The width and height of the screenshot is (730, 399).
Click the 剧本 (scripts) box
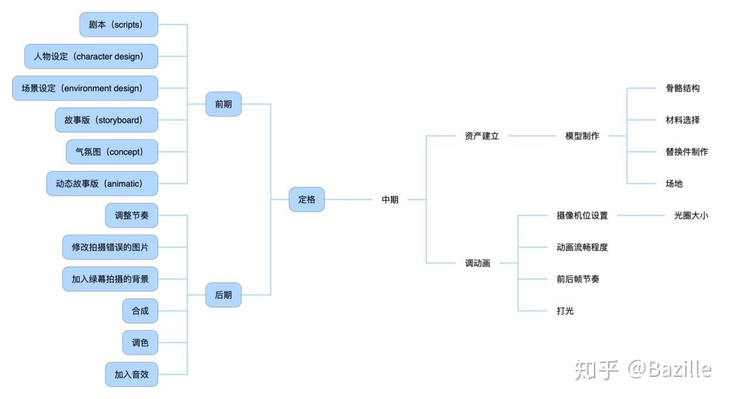pyautogui.click(x=119, y=24)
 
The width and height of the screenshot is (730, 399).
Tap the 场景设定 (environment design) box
pyautogui.click(x=86, y=88)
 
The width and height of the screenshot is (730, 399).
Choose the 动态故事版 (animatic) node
pyautogui.click(x=103, y=184)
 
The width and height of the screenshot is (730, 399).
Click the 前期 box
pyautogui.click(x=223, y=104)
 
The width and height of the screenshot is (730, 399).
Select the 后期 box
pyautogui.click(x=223, y=294)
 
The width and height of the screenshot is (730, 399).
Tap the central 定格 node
pyautogui.click(x=307, y=199)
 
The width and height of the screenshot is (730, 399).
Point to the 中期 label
pyautogui.click(x=390, y=199)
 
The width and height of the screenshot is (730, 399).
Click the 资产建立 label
pyautogui.click(x=482, y=136)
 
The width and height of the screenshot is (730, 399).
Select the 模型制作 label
pyautogui.click(x=582, y=136)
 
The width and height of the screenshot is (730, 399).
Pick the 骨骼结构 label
pyautogui.click(x=682, y=88)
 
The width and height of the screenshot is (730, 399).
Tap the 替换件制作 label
pyautogui.click(x=687, y=152)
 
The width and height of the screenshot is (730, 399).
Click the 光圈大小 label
pyautogui.click(x=691, y=215)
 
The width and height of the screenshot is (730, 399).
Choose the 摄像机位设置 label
pyautogui.click(x=582, y=215)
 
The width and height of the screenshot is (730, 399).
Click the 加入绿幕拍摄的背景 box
pyautogui.click(x=110, y=279)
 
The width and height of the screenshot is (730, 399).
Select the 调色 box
pyautogui.click(x=140, y=343)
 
